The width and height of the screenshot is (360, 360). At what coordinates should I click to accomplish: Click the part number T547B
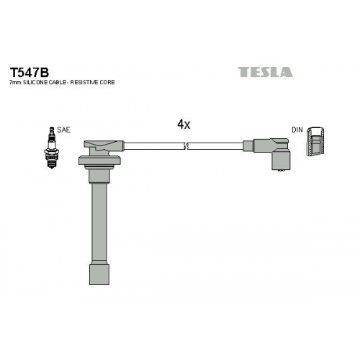29,72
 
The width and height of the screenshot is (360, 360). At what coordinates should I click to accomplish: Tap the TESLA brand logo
266,72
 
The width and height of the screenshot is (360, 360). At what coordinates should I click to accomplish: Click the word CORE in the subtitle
107,82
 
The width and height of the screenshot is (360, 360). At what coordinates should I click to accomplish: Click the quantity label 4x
184,125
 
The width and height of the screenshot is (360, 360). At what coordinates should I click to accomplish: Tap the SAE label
63,130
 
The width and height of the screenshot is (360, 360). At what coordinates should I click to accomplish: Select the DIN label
297,130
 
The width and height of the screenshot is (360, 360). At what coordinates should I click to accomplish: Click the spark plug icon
52,148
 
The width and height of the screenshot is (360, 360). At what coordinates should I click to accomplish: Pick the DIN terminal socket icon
316,141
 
